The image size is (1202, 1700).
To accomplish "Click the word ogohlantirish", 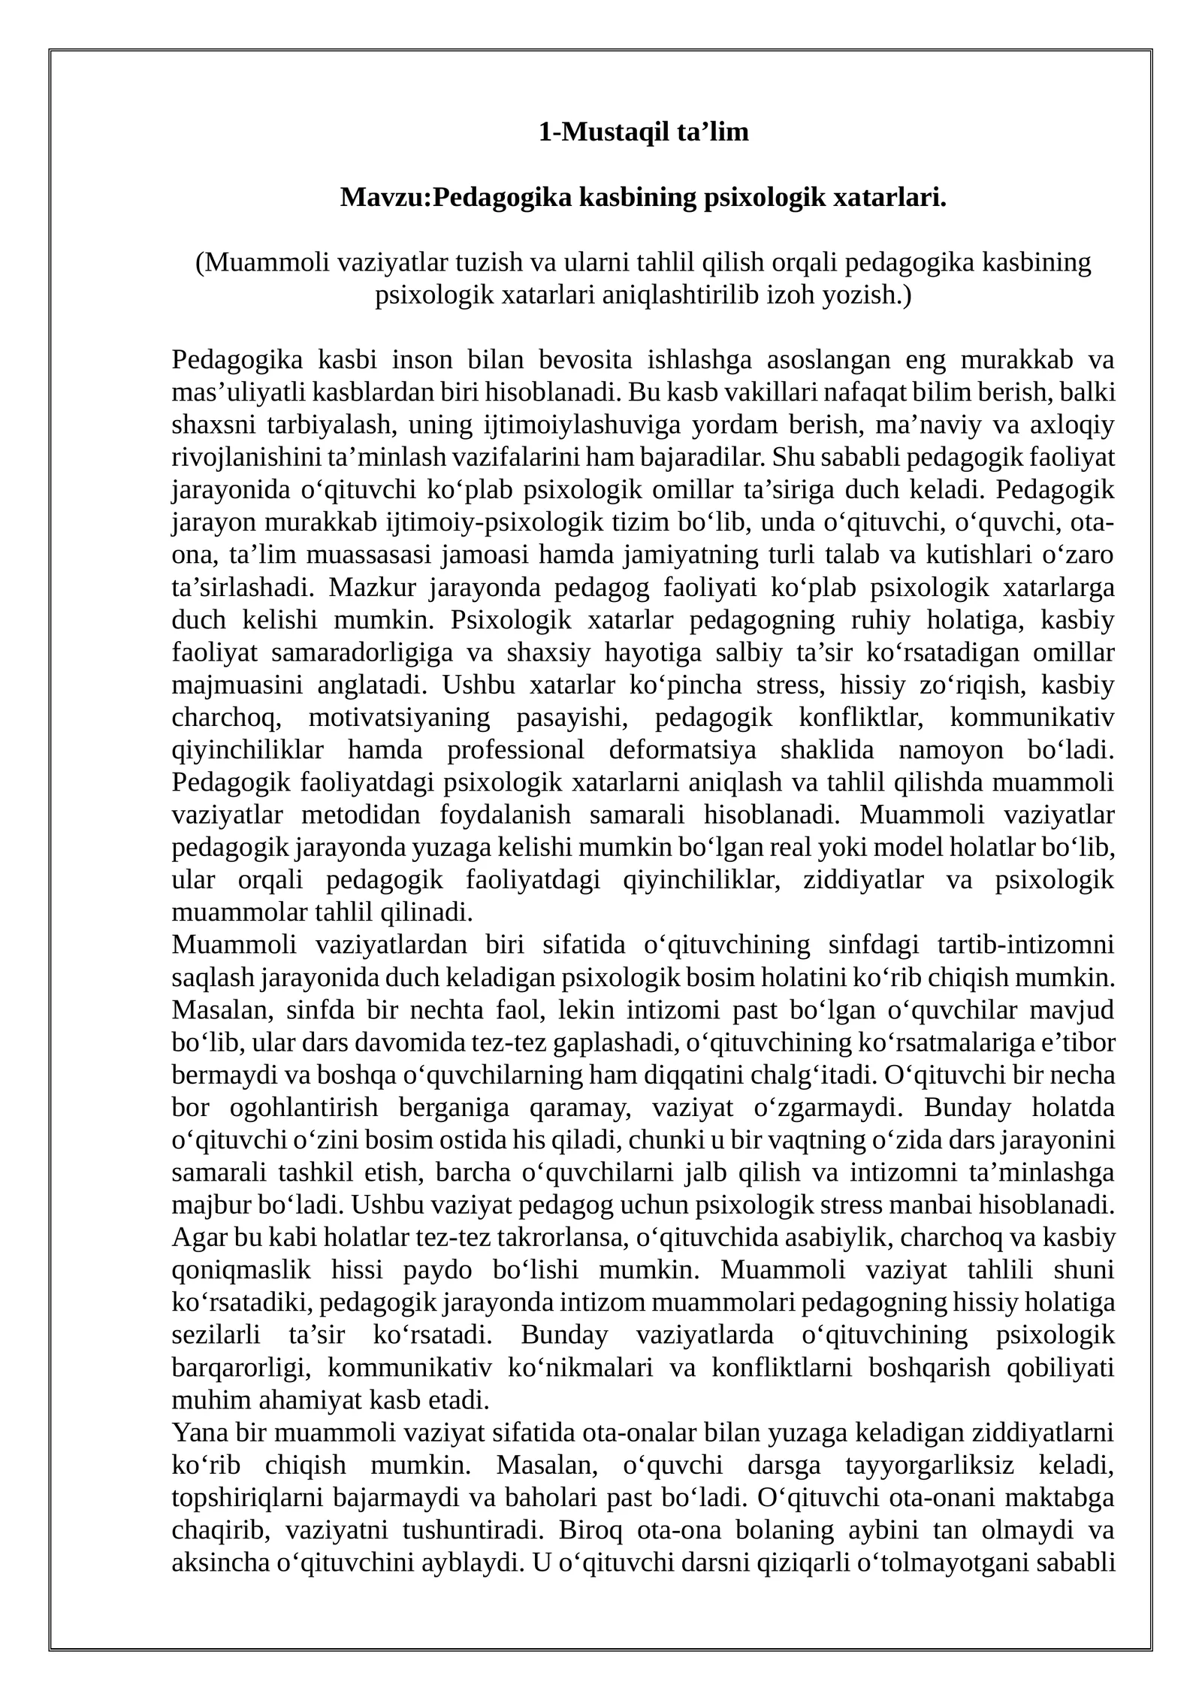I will [x=303, y=1108].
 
